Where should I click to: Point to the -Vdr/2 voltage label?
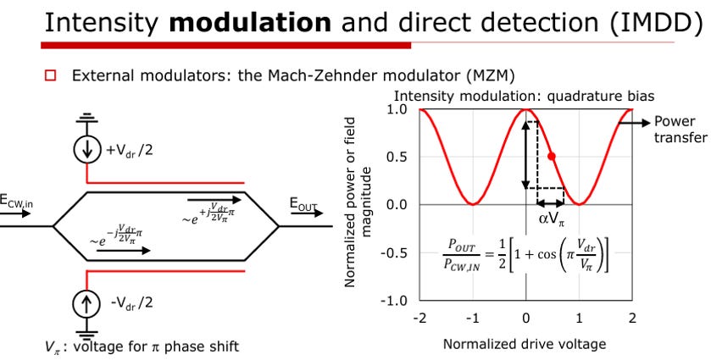tap(132, 301)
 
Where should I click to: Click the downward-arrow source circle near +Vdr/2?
tap(86, 150)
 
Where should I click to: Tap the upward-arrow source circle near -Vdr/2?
tap(86, 301)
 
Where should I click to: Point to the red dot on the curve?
tap(552, 157)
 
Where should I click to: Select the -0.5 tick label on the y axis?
tap(395, 252)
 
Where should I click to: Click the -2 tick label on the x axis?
tap(419, 318)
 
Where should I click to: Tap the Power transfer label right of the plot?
tap(676, 130)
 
